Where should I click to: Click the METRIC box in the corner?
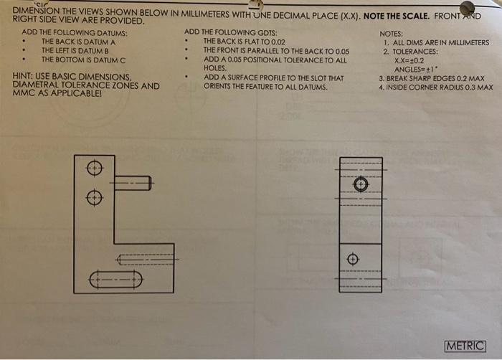tap(465, 346)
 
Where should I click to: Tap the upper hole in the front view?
tap(95, 168)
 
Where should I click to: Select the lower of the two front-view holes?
tap(95, 197)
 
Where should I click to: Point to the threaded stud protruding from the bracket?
tap(133, 183)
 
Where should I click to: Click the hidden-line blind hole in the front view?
tap(145, 260)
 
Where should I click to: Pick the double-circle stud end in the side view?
tap(361, 184)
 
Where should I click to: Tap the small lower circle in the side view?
tap(353, 259)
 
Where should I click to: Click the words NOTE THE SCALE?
tap(397, 16)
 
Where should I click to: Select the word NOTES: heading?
tap(392, 34)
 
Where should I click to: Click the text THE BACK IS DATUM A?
tap(78, 42)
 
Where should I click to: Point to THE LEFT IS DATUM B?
tap(75, 51)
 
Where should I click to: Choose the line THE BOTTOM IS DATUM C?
tap(84, 60)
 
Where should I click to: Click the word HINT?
tap(22, 77)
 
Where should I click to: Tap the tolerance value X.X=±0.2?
tap(409, 60)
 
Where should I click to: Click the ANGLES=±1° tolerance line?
tap(416, 69)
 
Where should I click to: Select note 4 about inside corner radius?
tap(436, 87)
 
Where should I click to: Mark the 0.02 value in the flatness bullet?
tap(278, 42)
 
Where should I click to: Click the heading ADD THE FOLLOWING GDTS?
tap(230, 32)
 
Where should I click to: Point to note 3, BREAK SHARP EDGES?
tap(432, 78)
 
